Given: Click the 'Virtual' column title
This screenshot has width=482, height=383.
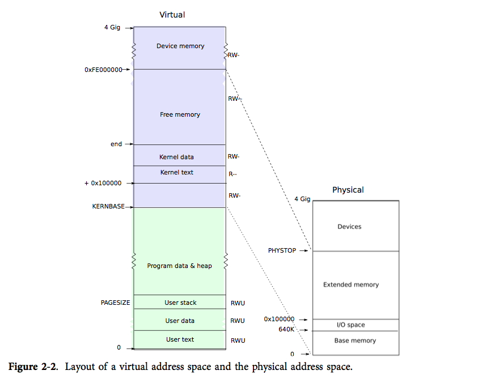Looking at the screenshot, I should pyautogui.click(x=172, y=15).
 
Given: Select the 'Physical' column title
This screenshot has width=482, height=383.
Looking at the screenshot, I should pyautogui.click(x=348, y=190).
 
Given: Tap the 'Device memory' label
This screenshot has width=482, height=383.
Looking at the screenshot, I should pyautogui.click(x=180, y=46).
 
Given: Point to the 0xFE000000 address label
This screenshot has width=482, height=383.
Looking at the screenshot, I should pyautogui.click(x=103, y=70).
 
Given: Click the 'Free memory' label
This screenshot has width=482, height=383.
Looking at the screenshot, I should pyautogui.click(x=180, y=114).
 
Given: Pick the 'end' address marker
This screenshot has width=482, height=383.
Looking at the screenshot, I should pyautogui.click(x=116, y=144).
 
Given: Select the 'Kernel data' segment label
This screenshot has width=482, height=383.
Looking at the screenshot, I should pyautogui.click(x=176, y=157).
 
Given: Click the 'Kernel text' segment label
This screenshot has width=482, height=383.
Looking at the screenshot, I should pyautogui.click(x=176, y=172).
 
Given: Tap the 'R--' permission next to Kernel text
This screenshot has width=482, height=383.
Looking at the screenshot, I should pyautogui.click(x=233, y=175).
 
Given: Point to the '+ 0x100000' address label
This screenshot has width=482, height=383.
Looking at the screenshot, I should pyautogui.click(x=103, y=183).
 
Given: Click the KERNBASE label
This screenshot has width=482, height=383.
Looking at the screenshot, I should pyautogui.click(x=108, y=207).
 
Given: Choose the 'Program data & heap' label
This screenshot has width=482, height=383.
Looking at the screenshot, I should pyautogui.click(x=179, y=266).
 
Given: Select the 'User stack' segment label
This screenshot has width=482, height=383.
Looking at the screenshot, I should pyautogui.click(x=180, y=303).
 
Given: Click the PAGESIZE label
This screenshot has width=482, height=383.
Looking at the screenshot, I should pyautogui.click(x=115, y=303).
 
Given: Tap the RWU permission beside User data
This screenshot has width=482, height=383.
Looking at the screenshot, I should pyautogui.click(x=238, y=321).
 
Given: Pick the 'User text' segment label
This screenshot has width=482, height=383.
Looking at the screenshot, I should pyautogui.click(x=180, y=339).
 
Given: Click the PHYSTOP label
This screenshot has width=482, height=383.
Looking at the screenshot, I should pyautogui.click(x=282, y=250).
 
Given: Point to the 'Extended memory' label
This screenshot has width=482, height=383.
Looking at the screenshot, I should pyautogui.click(x=350, y=284).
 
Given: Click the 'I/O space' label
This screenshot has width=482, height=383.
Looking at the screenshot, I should pyautogui.click(x=351, y=325).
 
